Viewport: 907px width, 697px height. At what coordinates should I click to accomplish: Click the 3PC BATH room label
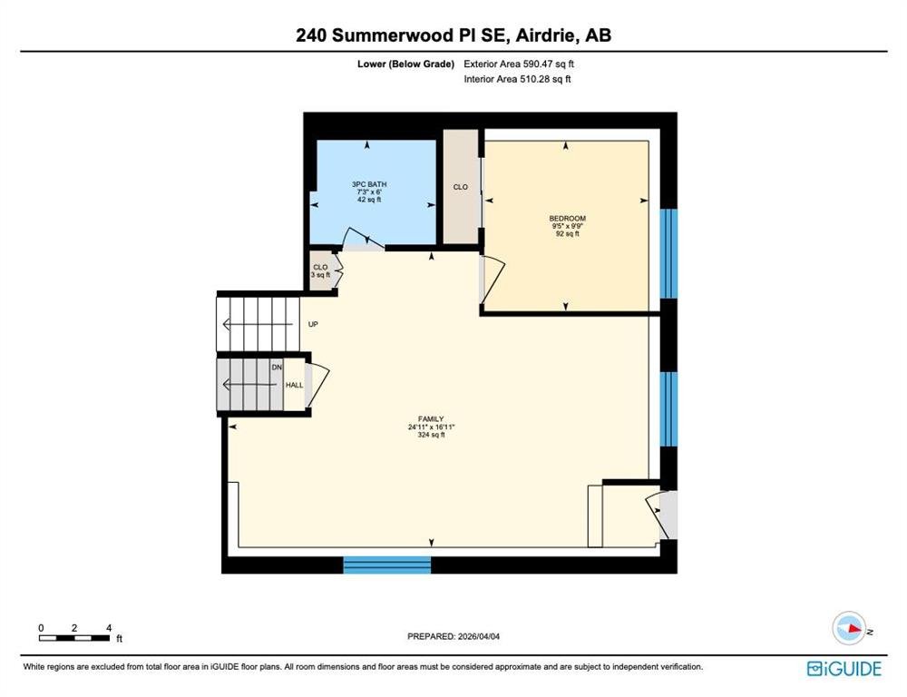[x=369, y=184]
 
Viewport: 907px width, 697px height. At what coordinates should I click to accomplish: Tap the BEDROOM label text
[x=568, y=219]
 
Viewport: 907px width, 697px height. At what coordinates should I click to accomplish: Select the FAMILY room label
[x=431, y=419]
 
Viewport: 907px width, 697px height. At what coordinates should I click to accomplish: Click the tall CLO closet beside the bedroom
[x=461, y=187]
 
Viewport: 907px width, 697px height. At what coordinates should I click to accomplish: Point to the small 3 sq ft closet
[x=321, y=271]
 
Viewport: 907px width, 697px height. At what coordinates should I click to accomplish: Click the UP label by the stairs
[x=313, y=324]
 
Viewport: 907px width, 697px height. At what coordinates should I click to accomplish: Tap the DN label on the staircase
[x=277, y=367]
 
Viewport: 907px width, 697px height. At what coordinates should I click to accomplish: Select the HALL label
[x=295, y=385]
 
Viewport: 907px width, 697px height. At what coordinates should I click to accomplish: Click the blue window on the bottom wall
[x=387, y=565]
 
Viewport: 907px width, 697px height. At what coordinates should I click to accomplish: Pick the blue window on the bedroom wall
[x=668, y=253]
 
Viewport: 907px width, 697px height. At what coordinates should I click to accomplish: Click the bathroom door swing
[x=364, y=239]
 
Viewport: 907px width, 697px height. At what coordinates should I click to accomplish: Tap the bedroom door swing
[x=493, y=279]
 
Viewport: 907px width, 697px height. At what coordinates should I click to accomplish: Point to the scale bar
[x=74, y=638]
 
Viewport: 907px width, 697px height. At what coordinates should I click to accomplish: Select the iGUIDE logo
[x=844, y=669]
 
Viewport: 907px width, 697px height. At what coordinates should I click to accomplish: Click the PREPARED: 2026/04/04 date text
[x=453, y=636]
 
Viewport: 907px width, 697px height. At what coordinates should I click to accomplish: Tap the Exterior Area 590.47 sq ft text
[x=519, y=64]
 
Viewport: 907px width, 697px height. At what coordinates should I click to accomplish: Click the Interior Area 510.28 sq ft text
[x=517, y=79]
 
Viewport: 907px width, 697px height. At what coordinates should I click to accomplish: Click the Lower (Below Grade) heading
[x=405, y=64]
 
